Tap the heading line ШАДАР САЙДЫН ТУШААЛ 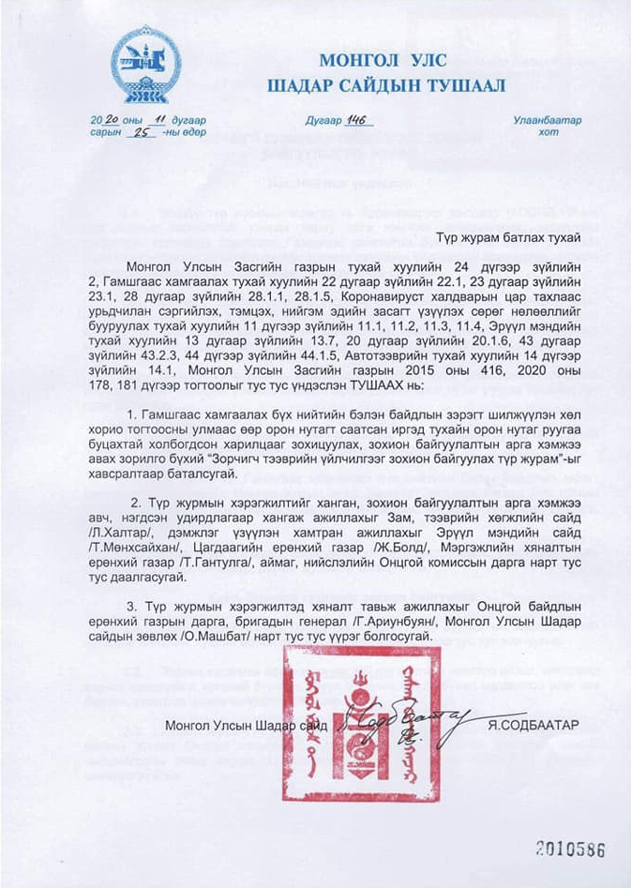click(x=385, y=86)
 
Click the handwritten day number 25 click(x=142, y=132)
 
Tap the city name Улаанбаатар click(x=547, y=120)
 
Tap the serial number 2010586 click(x=570, y=849)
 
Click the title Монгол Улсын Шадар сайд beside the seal click(x=245, y=725)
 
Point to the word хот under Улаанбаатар click(x=548, y=132)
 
